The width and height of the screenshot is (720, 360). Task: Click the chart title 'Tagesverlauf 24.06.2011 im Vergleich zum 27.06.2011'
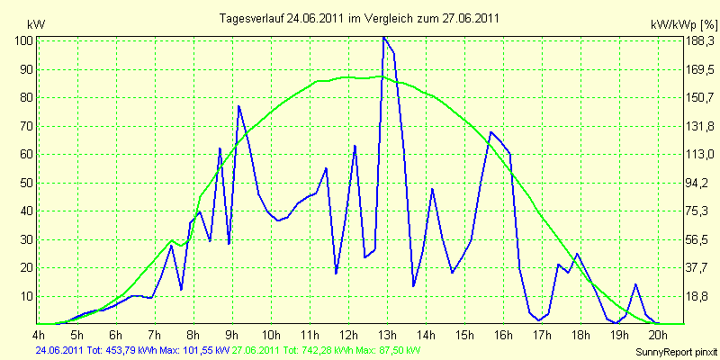(359, 18)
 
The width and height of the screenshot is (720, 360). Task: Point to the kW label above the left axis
(36, 24)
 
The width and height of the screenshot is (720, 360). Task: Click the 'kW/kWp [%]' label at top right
(683, 24)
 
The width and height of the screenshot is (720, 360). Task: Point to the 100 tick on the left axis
(24, 41)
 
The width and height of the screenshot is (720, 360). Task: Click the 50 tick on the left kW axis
(27, 183)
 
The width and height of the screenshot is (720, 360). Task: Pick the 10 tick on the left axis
(27, 296)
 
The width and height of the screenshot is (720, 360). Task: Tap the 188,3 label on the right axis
(699, 41)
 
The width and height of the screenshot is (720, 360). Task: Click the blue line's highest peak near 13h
(384, 38)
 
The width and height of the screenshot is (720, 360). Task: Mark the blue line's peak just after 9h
(238, 106)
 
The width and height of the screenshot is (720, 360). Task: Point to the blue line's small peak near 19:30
(636, 284)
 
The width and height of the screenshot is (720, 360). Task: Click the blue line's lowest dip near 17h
(539, 320)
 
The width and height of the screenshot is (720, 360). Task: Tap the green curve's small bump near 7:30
(172, 240)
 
